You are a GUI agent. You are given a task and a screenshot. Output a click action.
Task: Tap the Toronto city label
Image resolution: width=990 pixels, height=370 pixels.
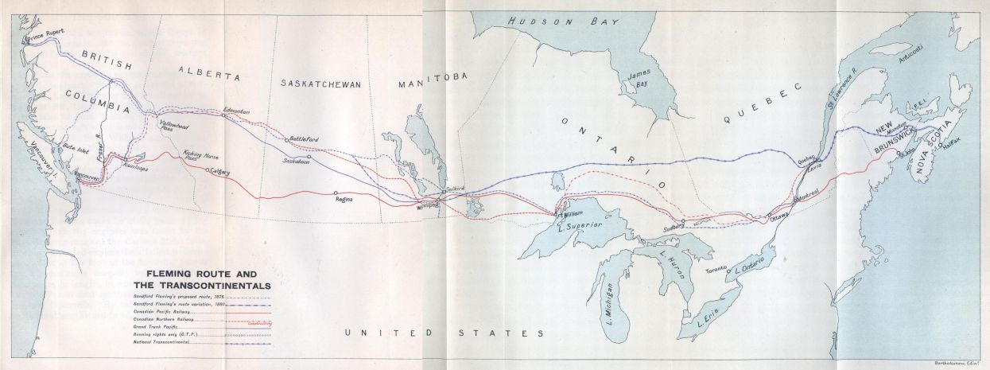pyautogui.click(x=713, y=271)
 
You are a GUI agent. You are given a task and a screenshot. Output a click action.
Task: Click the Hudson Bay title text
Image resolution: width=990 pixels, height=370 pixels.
pyautogui.click(x=552, y=22)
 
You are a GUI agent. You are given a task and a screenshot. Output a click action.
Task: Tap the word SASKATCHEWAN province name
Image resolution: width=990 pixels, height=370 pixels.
pyautogui.click(x=321, y=83)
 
